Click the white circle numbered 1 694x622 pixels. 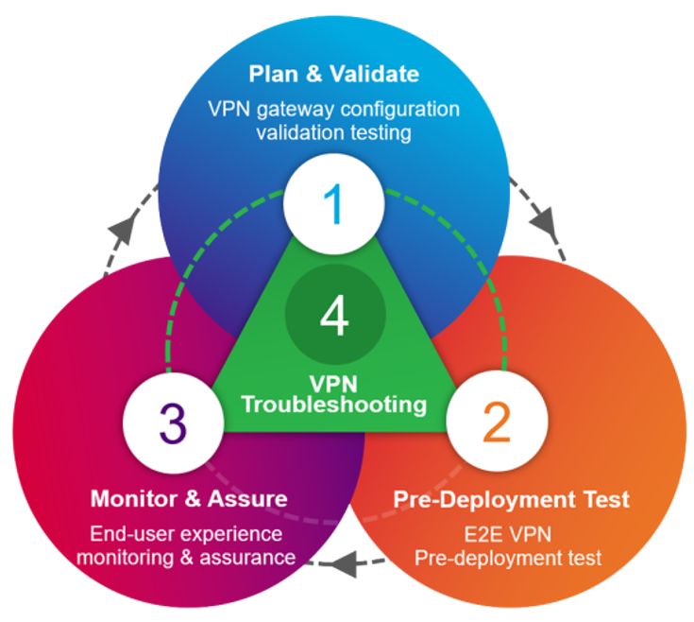[334, 200]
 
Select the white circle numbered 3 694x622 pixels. [172, 424]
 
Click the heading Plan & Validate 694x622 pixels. [334, 73]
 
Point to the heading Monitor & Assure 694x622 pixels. [189, 498]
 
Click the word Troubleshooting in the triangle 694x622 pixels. [334, 405]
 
